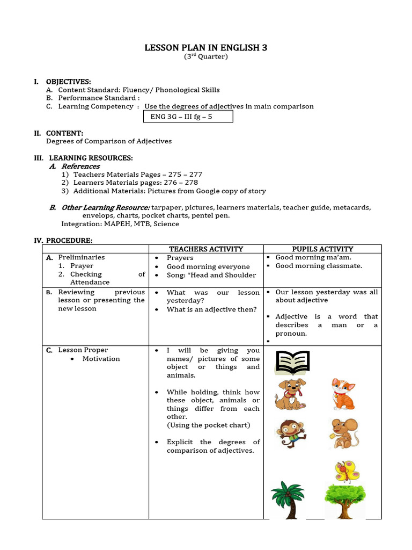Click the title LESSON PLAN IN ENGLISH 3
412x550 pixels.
click(205, 48)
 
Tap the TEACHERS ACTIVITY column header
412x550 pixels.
click(206, 249)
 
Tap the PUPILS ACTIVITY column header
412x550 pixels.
click(322, 249)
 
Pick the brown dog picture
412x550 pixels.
click(290, 394)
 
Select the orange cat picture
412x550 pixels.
click(342, 394)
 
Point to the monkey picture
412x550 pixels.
click(290, 433)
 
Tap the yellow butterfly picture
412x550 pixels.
click(346, 471)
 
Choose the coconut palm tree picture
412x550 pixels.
click(287, 500)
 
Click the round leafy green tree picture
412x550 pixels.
click(344, 501)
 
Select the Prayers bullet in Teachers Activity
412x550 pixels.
click(180, 258)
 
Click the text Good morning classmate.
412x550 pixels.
click(319, 265)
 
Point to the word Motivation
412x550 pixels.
click(101, 359)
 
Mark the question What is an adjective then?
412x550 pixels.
click(211, 309)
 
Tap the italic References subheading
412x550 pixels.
click(80, 167)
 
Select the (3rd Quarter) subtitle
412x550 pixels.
click(205, 57)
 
